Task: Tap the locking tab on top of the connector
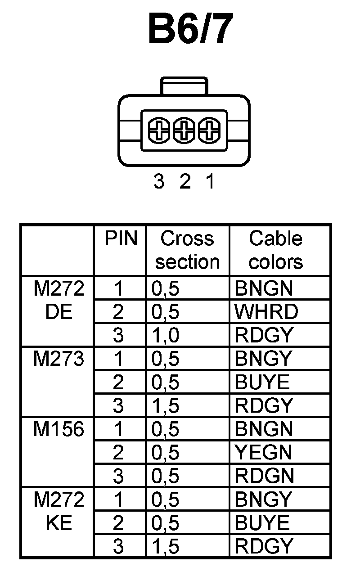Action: coord(184,86)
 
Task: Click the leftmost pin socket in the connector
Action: coord(159,130)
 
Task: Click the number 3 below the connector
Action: coord(159,182)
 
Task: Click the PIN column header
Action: coord(121,238)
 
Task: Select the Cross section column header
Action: coord(187,250)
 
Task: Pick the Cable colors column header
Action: coord(275,250)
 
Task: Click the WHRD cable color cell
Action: coord(266,311)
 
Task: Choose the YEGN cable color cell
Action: coord(263,452)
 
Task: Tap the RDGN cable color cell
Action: coord(264,475)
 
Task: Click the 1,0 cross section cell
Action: coord(166,335)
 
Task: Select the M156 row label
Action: coord(58,429)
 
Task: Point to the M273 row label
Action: coord(58,359)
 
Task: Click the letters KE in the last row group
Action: coord(59,523)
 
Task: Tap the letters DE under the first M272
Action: coord(59,311)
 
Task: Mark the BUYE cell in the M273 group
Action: coord(262,382)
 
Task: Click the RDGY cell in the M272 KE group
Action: coord(264,546)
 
